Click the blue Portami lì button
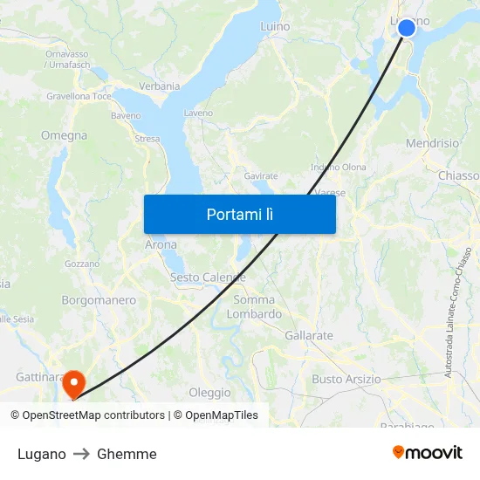(x=240, y=214)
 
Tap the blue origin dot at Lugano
(x=407, y=28)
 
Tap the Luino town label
(x=275, y=27)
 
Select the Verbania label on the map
(x=159, y=86)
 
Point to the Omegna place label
(x=64, y=135)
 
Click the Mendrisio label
(x=432, y=143)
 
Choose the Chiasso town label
(x=458, y=175)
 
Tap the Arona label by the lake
(x=161, y=245)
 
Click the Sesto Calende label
(x=208, y=278)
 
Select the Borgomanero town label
(x=99, y=300)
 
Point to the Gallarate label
(x=309, y=335)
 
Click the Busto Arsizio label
(x=346, y=379)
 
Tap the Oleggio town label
(x=209, y=393)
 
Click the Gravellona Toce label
(x=79, y=96)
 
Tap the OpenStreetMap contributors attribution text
(x=88, y=415)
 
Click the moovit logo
(x=428, y=452)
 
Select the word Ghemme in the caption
(x=127, y=454)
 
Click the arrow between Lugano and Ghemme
(x=81, y=454)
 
